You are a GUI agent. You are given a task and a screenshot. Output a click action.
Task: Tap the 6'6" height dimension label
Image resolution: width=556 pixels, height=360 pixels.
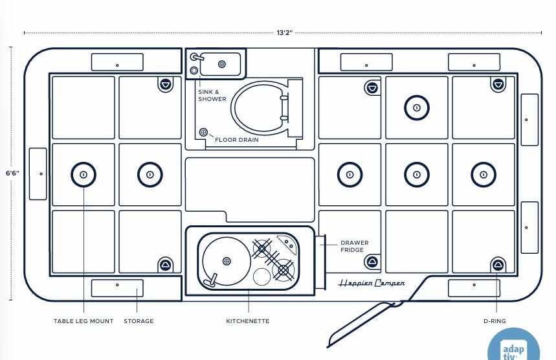[12, 174]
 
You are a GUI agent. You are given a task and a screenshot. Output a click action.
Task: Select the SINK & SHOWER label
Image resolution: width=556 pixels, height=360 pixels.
[212, 95]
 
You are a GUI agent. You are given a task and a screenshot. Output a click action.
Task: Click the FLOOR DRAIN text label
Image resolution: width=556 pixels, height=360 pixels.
[241, 139]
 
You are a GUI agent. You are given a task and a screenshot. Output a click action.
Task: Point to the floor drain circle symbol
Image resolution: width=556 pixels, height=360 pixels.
[203, 132]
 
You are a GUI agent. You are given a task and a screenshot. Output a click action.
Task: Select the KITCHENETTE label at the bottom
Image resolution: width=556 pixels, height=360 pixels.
[248, 321]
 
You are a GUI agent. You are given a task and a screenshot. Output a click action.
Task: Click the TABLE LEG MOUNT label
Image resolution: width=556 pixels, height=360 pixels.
[83, 321]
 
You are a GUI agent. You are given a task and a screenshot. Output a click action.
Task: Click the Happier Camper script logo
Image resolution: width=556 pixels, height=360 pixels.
[372, 283]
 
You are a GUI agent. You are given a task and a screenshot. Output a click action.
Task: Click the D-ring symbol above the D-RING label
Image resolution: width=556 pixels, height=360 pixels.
[498, 264]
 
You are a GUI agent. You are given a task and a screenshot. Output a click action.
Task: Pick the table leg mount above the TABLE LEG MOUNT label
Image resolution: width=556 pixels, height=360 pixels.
[83, 174]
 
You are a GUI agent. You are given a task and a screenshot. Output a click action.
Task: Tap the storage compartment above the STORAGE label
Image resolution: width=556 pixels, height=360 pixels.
[117, 287]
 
